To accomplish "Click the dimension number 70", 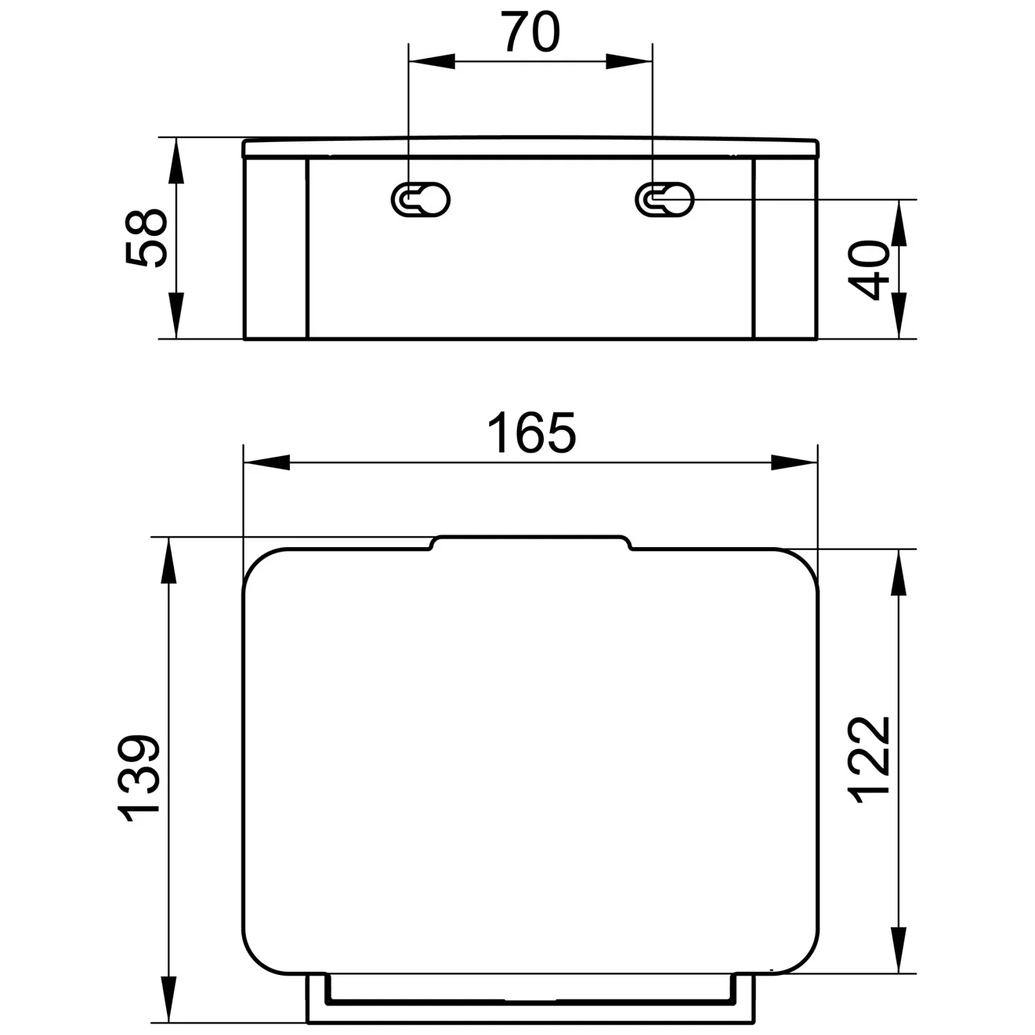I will [531, 32].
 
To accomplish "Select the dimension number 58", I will [146, 237].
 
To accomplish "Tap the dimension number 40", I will [871, 269].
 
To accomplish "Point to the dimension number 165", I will [531, 433].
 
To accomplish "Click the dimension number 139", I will [139, 779].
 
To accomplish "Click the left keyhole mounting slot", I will [420, 200].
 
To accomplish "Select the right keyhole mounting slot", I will [664, 200].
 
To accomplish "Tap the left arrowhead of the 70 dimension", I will [431, 61].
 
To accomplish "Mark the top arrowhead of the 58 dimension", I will [177, 160].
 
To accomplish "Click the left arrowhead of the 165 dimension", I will [266, 462].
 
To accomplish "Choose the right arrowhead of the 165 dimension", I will [794, 462].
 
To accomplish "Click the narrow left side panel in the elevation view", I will [276, 248].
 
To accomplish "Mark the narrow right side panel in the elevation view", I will [786, 248].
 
